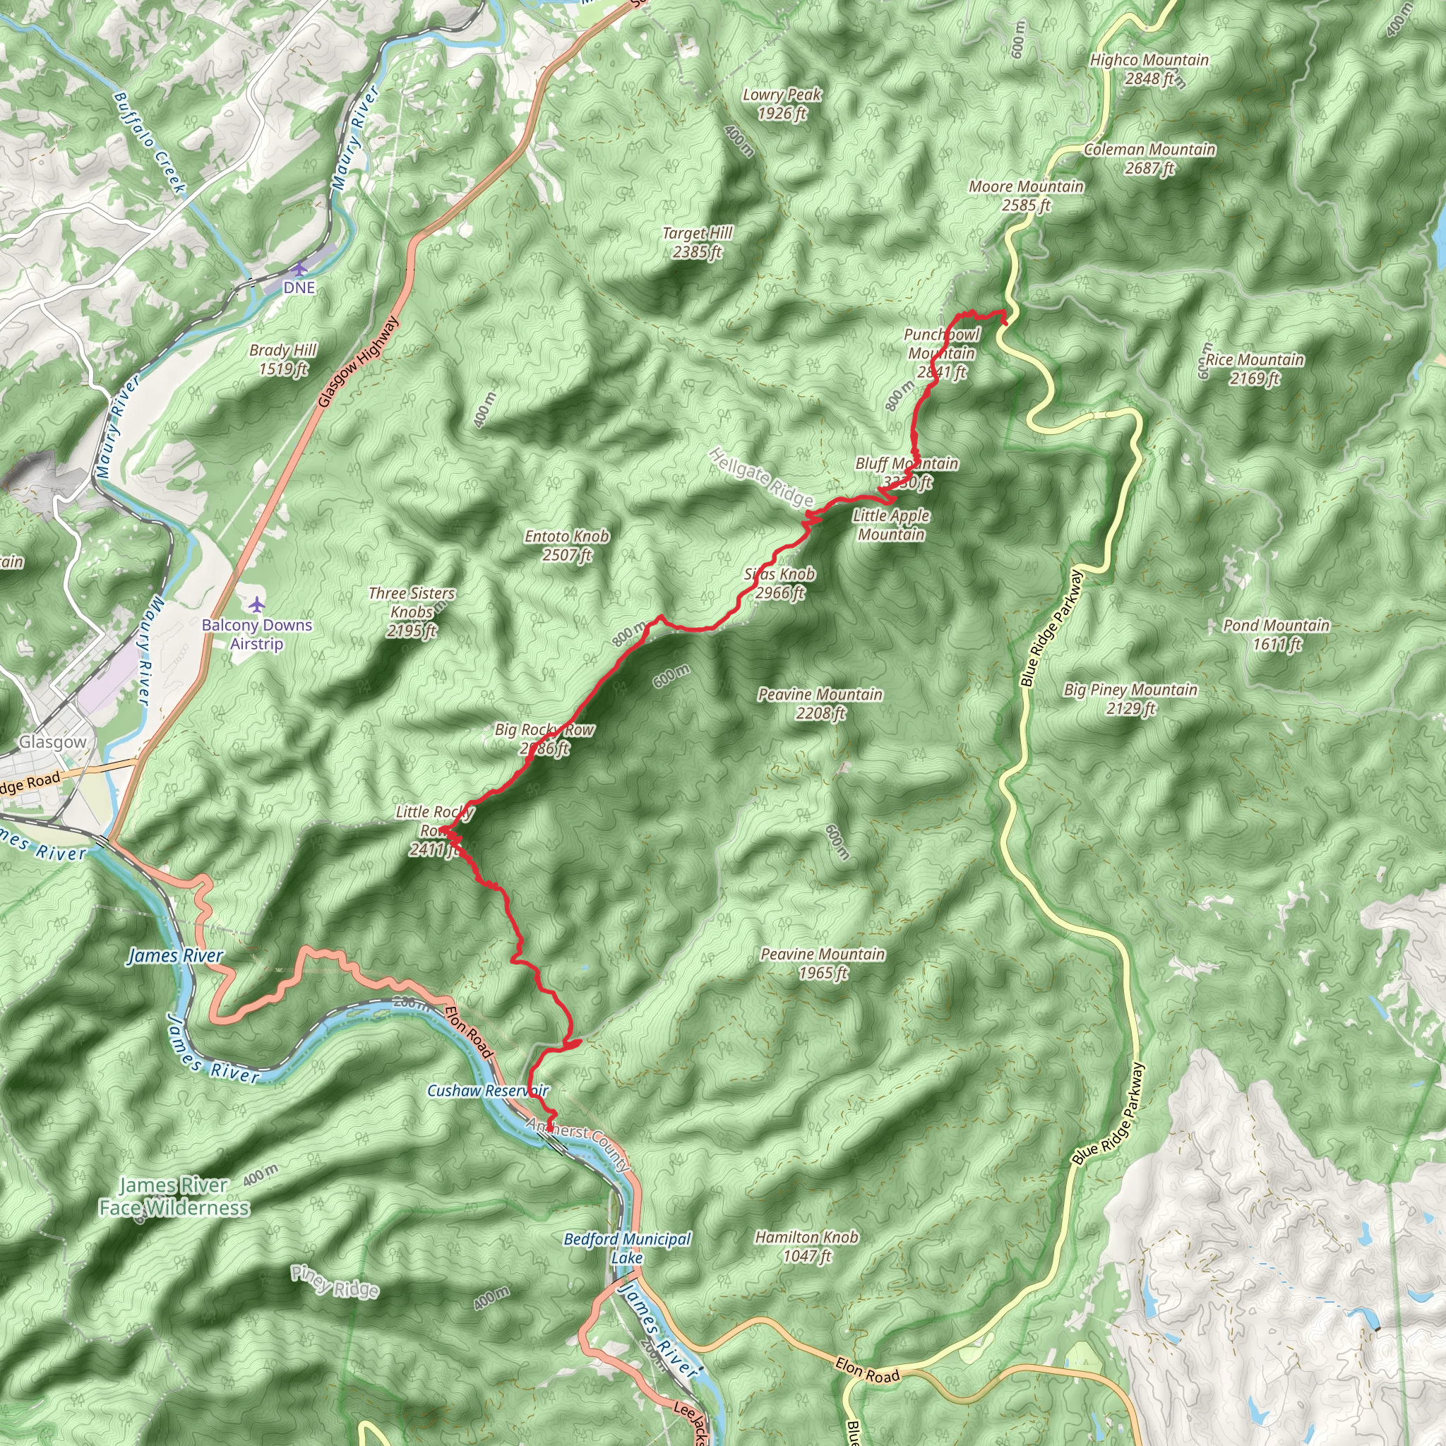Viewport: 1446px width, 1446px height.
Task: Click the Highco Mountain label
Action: tap(1149, 69)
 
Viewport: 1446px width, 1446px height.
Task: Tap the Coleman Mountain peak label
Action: tap(1149, 159)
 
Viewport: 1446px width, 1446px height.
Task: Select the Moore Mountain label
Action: tap(1026, 196)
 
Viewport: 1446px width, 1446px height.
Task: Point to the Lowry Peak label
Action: tap(782, 104)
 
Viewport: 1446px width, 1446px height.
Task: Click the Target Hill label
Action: tap(697, 242)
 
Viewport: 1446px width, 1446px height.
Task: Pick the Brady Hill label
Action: tap(283, 359)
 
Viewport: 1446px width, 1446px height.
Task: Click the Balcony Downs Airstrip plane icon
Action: tap(257, 604)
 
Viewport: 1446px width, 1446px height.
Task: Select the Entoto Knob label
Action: tap(566, 545)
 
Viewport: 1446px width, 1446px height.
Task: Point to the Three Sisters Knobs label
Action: tap(412, 611)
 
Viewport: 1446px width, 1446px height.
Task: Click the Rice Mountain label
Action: tap(1255, 369)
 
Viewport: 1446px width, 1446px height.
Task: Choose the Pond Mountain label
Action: tap(1276, 634)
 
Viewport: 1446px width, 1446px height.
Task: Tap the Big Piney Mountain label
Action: tap(1131, 698)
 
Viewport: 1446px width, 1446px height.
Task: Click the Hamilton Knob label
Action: tap(806, 1246)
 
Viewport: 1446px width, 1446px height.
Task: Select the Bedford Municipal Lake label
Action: tap(627, 1248)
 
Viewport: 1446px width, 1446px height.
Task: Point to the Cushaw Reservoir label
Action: tap(488, 1090)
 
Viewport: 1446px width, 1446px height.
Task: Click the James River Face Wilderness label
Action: tap(174, 1196)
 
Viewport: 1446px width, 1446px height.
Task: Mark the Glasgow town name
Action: tap(52, 742)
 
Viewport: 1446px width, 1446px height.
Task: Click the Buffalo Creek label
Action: tap(149, 143)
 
